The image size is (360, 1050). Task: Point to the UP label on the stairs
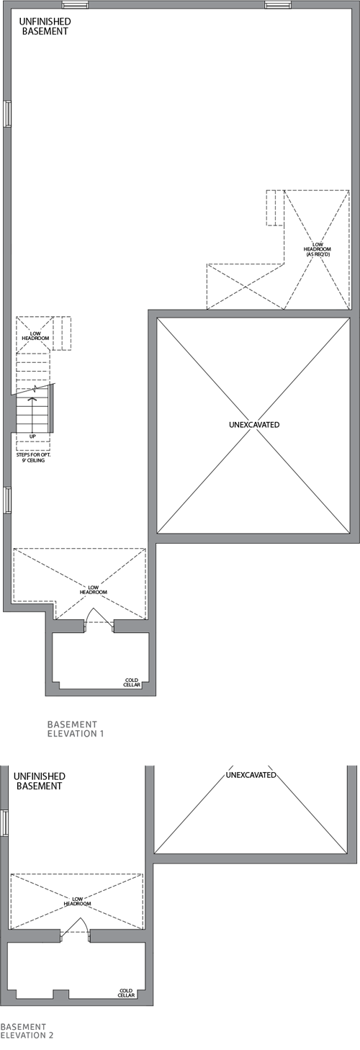32,436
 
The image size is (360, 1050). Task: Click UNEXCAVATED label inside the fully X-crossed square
254,425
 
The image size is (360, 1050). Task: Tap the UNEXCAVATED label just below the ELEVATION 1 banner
251,775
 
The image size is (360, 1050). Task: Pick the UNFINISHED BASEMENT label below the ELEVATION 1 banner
39,781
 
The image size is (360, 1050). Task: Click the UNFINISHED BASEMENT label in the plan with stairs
45,27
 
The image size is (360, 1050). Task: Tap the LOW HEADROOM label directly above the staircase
35,336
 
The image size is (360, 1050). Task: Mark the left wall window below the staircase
8,499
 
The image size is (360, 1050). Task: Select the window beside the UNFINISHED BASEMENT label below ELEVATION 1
4,822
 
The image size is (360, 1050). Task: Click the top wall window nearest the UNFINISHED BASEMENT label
75,5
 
